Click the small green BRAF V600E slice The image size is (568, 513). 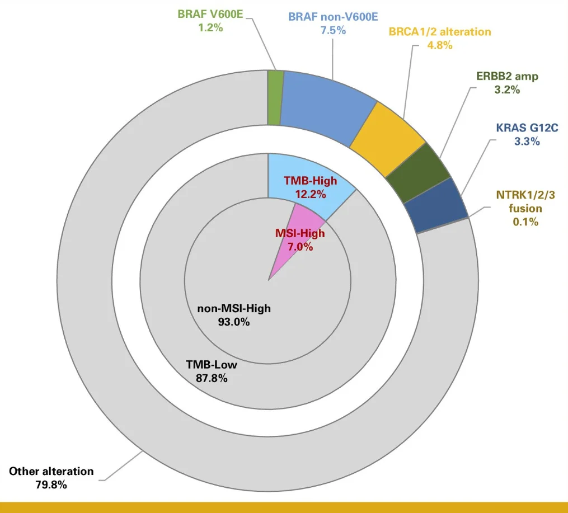tap(275, 98)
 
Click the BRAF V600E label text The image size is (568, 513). tap(210, 14)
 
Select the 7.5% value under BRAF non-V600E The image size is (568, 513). tap(333, 30)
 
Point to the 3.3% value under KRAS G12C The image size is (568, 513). tap(527, 142)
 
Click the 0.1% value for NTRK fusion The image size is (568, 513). tap(526, 222)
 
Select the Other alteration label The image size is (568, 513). tap(51, 471)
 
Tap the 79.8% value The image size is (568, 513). tap(51, 485)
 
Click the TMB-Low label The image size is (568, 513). tap(212, 365)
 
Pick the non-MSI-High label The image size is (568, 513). tap(234, 308)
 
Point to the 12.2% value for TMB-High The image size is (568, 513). tap(310, 194)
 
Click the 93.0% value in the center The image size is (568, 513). tap(234, 322)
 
